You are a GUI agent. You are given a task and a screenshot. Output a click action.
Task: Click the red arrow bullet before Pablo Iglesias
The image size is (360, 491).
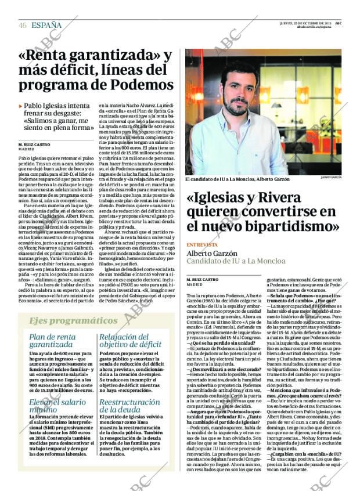coord(21,106)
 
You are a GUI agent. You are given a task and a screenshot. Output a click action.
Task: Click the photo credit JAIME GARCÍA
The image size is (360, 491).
coord(330,176)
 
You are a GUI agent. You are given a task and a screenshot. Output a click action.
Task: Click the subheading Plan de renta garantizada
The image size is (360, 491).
coord(53,341)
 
